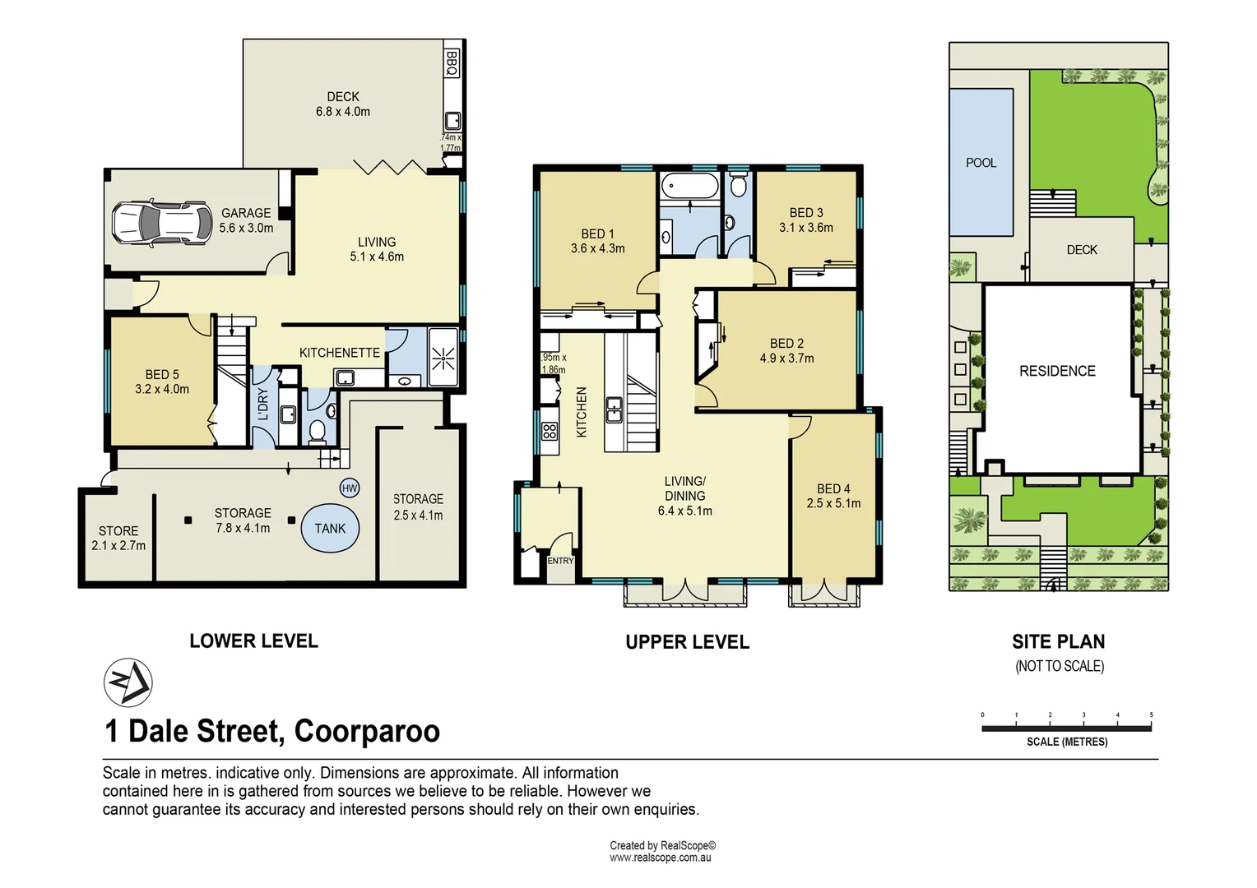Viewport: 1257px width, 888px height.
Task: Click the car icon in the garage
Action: point(161,223)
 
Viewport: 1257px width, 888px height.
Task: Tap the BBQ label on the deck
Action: point(452,63)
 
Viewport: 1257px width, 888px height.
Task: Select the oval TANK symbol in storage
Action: point(330,529)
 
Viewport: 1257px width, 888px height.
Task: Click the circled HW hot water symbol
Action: point(350,488)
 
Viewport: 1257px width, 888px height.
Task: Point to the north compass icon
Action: point(128,682)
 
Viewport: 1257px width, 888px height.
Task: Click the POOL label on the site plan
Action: point(981,163)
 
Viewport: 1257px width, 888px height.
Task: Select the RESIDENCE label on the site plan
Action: point(1057,372)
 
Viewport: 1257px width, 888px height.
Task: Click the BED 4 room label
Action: point(833,489)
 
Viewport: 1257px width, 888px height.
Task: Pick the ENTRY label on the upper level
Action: point(560,561)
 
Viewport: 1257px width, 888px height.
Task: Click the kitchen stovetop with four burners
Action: point(550,431)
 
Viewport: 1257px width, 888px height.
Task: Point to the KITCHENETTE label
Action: point(339,353)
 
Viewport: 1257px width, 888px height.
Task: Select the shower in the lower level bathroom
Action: point(443,357)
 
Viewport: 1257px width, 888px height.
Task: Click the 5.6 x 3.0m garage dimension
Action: point(246,228)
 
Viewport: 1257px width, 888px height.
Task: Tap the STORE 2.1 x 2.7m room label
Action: point(118,538)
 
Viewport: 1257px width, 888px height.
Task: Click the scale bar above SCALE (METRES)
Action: point(1066,728)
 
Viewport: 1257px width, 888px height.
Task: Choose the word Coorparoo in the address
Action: point(367,731)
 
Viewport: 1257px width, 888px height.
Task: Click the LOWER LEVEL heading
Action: point(253,641)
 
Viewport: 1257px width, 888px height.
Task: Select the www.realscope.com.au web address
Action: point(660,858)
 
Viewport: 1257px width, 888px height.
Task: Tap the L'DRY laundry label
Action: point(263,405)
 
